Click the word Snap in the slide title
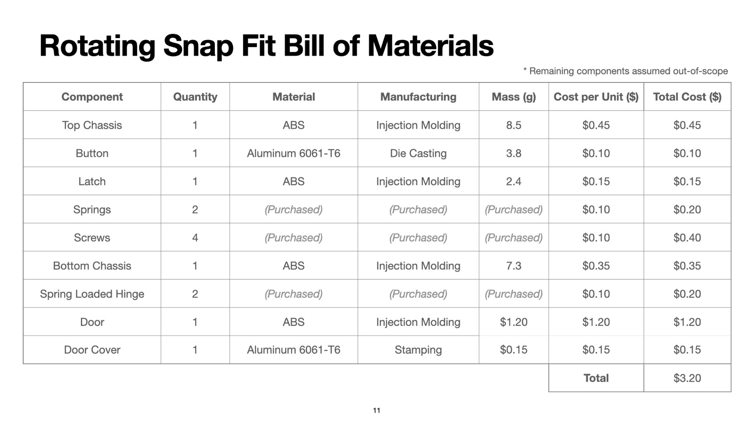tap(198, 47)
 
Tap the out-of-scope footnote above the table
tap(625, 71)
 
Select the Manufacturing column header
tap(418, 97)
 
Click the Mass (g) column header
tap(514, 97)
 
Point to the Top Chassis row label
tap(92, 125)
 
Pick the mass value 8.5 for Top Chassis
tap(514, 125)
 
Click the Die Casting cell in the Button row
tap(418, 154)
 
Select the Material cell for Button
tap(294, 154)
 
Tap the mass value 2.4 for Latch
tap(514, 181)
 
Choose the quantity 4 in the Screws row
tap(195, 237)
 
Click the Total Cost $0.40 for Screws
tap(687, 237)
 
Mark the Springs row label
tap(92, 210)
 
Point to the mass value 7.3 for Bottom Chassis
tap(514, 266)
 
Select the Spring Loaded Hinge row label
tap(92, 294)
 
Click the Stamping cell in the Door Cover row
tap(418, 350)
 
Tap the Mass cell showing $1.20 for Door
tap(514, 322)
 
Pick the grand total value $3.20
tap(687, 378)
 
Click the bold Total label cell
tap(596, 378)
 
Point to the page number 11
tap(377, 410)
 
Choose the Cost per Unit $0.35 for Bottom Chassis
tap(596, 266)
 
